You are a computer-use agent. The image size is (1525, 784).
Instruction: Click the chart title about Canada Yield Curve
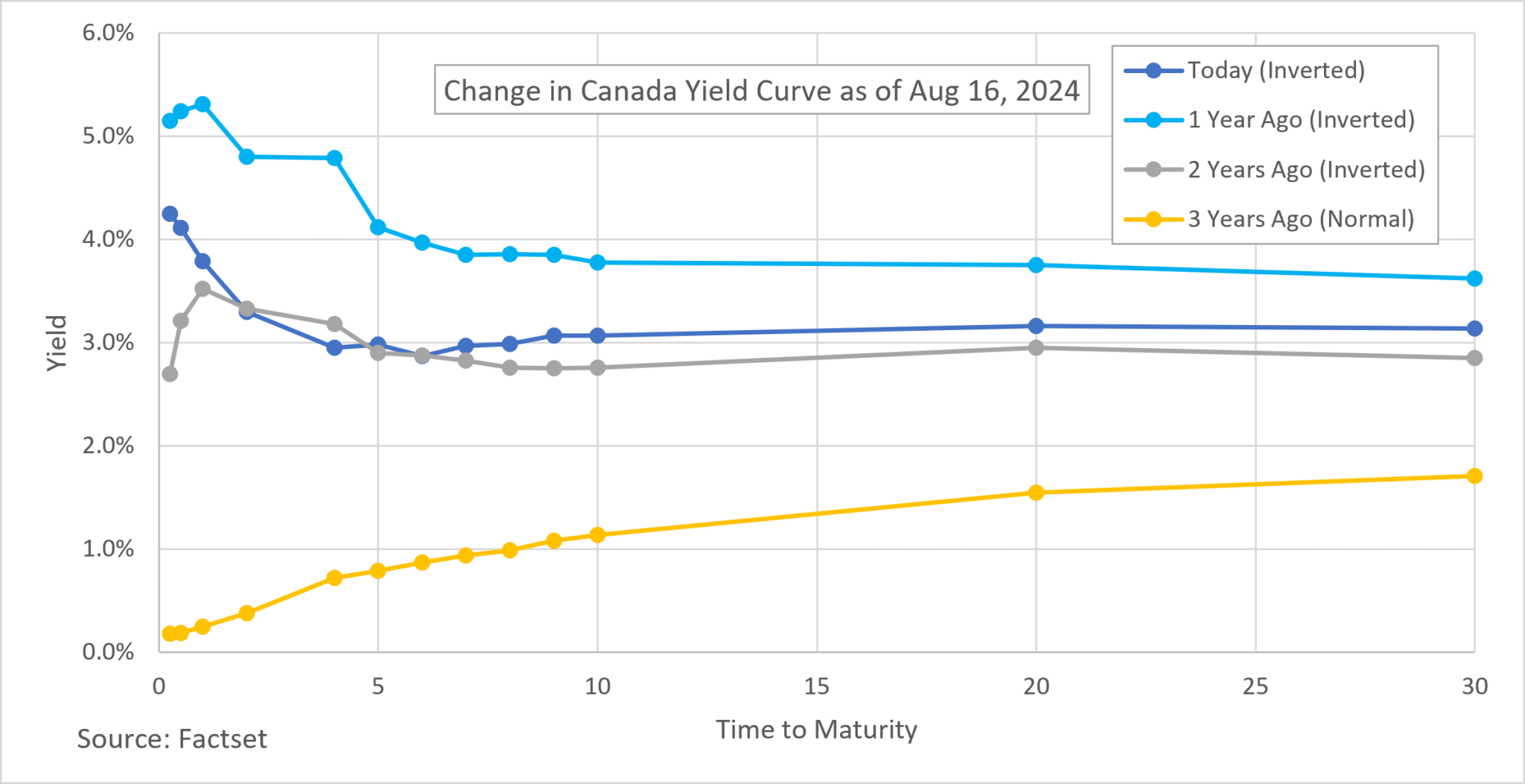(761, 90)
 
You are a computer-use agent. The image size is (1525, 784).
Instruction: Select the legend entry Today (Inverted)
(1275, 70)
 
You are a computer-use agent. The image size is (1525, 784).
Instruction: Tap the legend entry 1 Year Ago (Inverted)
(1300, 119)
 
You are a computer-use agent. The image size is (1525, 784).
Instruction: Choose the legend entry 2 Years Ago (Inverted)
(1305, 169)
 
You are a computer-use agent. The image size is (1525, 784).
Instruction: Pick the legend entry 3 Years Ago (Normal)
(1300, 219)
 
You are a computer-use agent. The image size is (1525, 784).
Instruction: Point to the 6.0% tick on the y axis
(108, 33)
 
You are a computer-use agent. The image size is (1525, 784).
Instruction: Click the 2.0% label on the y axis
(108, 446)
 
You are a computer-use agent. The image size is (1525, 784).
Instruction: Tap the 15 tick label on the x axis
(817, 686)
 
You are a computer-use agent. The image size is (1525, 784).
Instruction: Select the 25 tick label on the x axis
(1255, 686)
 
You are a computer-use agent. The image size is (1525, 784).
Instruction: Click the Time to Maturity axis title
(817, 729)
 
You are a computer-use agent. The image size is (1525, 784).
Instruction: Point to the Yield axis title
(57, 343)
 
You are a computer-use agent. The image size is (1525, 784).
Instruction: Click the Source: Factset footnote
(172, 739)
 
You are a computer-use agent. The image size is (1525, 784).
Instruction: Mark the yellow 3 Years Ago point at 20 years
(1036, 493)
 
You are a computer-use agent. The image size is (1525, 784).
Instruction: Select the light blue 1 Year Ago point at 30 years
(1474, 279)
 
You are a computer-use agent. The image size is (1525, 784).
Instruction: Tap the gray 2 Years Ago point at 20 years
(1036, 348)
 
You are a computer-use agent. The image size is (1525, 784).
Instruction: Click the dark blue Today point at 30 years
(1474, 329)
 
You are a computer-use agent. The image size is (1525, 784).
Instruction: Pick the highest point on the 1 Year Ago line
(203, 104)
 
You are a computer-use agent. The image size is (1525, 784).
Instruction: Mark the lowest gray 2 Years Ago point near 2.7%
(170, 374)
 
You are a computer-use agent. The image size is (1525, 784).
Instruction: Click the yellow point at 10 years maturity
(597, 535)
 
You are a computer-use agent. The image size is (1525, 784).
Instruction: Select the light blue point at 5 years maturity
(378, 227)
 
